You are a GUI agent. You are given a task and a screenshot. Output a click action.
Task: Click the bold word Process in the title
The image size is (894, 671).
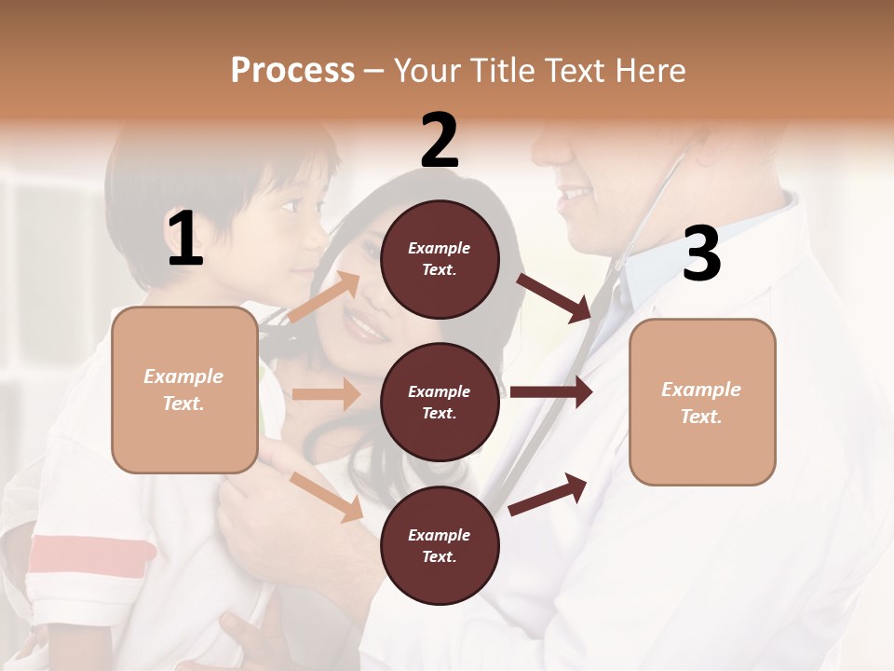(x=292, y=70)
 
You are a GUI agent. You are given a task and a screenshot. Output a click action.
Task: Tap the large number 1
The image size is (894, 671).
(x=185, y=239)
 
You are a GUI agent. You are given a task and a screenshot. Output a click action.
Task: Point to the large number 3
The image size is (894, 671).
(x=701, y=253)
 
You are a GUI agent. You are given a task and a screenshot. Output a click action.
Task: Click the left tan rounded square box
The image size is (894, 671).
(x=184, y=390)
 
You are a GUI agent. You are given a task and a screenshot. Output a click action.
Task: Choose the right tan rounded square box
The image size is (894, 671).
(x=702, y=402)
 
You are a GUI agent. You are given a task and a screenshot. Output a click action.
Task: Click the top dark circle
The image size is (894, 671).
(x=440, y=259)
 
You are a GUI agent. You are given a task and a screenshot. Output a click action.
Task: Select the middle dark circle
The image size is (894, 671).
(x=440, y=402)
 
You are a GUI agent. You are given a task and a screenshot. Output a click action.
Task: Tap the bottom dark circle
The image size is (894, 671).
(x=440, y=545)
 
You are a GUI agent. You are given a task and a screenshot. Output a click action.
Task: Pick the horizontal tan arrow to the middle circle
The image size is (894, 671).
(x=325, y=394)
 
